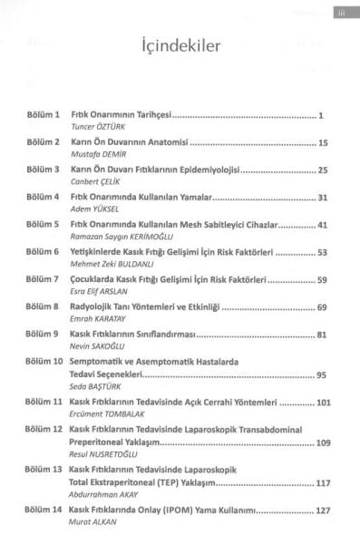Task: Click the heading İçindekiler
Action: coord(179,47)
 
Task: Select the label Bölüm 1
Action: coord(44,117)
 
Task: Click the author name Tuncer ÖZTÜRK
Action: coord(100,129)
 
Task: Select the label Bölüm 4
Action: coord(44,196)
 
